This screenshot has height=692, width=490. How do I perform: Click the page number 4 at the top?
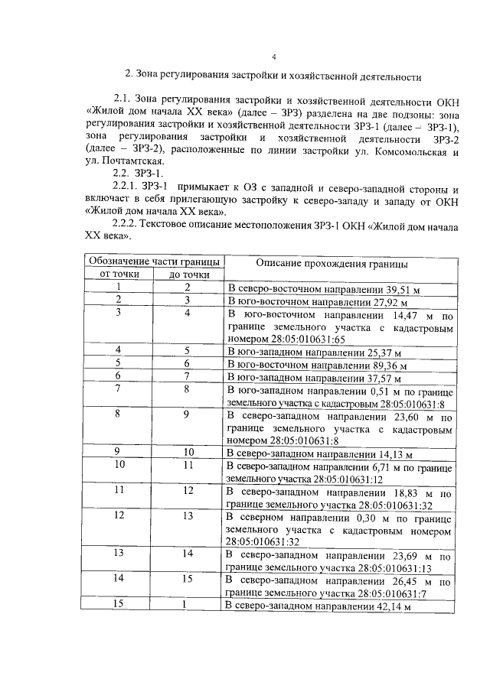pyautogui.click(x=273, y=57)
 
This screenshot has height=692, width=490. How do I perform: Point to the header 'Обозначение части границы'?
pyautogui.click(x=153, y=262)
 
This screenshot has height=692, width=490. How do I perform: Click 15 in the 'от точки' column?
pyautogui.click(x=119, y=605)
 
